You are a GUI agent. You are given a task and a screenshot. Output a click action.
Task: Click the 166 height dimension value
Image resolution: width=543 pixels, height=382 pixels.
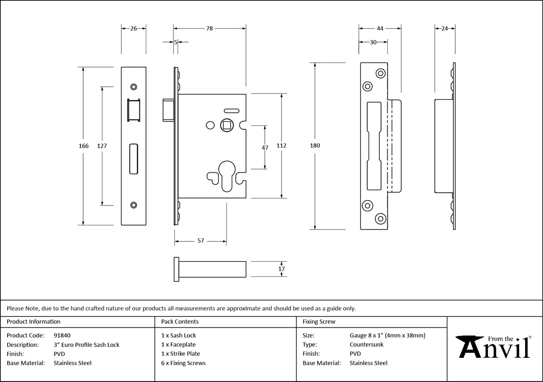click(x=84, y=146)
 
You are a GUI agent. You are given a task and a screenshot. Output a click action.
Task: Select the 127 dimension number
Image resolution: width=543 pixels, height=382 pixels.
click(x=102, y=146)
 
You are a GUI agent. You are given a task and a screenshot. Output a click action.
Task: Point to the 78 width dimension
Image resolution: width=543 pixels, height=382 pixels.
click(x=209, y=28)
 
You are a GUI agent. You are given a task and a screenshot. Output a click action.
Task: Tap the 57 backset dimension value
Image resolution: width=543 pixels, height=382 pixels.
click(x=200, y=241)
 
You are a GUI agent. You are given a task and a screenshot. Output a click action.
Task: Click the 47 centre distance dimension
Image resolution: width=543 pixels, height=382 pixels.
click(x=265, y=148)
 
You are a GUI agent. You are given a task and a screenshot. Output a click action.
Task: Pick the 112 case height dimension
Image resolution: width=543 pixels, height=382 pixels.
click(x=281, y=146)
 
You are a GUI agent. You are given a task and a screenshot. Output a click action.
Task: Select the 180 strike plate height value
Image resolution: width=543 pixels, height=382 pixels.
click(x=315, y=146)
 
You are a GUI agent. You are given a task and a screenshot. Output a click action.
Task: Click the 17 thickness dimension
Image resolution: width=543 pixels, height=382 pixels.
click(x=281, y=269)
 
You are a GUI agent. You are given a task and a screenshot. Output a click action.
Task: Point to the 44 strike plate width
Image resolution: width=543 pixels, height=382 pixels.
click(x=380, y=28)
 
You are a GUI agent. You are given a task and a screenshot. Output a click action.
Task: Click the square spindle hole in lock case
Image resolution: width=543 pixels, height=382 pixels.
click(x=227, y=125)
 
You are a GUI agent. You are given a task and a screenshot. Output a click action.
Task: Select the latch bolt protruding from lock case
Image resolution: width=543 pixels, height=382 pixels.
click(x=168, y=110)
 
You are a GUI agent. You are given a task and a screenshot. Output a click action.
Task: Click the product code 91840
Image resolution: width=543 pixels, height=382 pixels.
click(x=62, y=335)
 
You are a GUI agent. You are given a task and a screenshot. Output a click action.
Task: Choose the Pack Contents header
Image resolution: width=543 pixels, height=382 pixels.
click(x=180, y=322)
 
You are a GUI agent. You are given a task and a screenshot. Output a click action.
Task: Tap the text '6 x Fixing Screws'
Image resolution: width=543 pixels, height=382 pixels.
click(x=183, y=363)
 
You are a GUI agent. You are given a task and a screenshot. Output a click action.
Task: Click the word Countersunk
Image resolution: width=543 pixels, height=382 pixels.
click(x=366, y=345)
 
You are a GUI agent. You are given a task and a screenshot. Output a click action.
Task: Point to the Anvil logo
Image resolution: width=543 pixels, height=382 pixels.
click(x=494, y=347)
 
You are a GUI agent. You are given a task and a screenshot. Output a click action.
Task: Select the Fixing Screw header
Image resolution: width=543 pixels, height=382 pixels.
click(x=318, y=322)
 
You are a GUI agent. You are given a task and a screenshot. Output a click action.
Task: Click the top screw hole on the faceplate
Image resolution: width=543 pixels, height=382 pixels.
click(x=133, y=87)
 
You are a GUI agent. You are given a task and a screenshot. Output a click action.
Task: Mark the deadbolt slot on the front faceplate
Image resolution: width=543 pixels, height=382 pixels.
click(x=133, y=158)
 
